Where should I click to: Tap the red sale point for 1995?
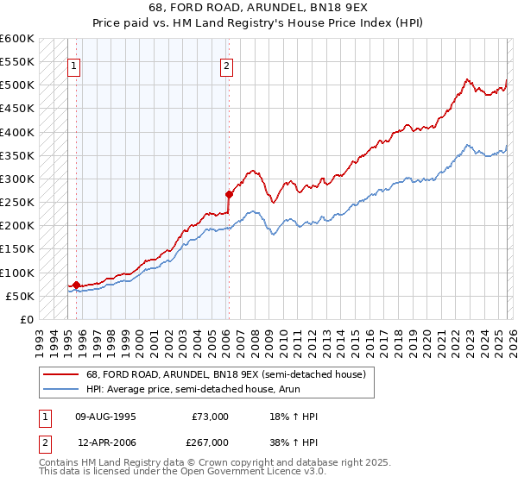[76, 285]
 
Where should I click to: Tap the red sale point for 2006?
[229, 194]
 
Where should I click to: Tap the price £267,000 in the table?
[210, 442]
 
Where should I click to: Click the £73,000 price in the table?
[210, 417]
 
